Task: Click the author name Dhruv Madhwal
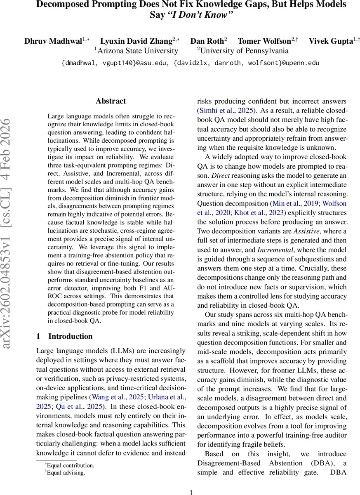[x=54, y=41]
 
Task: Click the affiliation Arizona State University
[x=138, y=51]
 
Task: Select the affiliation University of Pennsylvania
[x=244, y=51]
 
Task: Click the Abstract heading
[x=111, y=101]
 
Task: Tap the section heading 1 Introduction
[x=64, y=336]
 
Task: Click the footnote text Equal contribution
[x=71, y=465]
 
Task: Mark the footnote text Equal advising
[x=66, y=473]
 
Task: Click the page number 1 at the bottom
[x=191, y=492]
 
